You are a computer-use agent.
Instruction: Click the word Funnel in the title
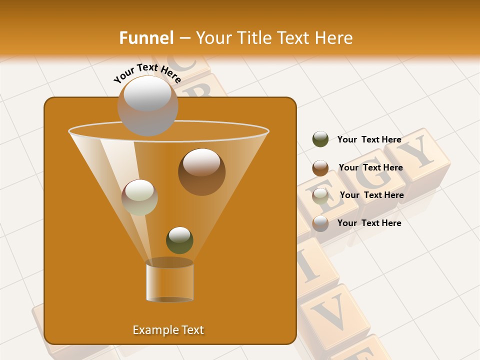146,38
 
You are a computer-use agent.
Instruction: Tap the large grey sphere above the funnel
147,105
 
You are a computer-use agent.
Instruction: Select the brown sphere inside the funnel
201,171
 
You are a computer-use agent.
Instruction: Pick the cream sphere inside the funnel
139,197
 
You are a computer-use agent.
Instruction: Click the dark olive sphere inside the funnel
179,240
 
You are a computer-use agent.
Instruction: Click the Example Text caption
168,330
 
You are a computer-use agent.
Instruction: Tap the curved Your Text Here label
147,73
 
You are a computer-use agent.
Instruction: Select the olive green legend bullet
320,139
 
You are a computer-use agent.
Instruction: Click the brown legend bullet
320,168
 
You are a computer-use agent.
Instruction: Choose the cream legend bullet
320,195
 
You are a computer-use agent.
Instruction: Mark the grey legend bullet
320,223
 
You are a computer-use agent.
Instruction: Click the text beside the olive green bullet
369,140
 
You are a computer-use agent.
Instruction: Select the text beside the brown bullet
370,168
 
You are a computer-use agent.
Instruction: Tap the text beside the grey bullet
369,223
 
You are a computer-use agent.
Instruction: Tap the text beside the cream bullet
371,195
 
